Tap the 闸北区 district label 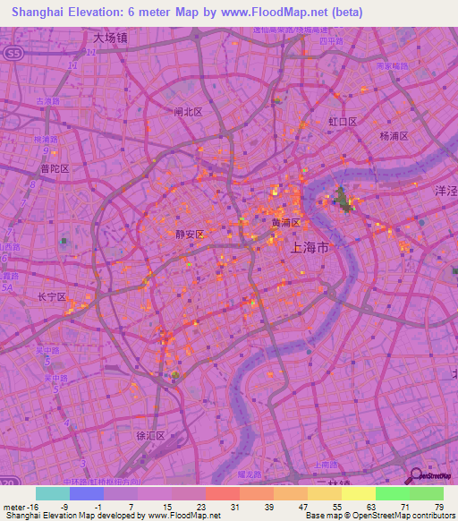coord(188,112)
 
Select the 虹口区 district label coord(343,121)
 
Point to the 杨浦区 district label coord(394,136)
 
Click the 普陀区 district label coord(55,168)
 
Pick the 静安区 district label coord(191,234)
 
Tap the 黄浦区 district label coord(286,222)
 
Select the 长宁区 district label coord(51,296)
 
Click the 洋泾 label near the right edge coord(445,192)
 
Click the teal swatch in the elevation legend coord(53,493)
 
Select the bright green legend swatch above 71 coord(393,493)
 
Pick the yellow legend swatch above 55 coord(325,493)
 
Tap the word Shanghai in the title coord(42,13)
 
